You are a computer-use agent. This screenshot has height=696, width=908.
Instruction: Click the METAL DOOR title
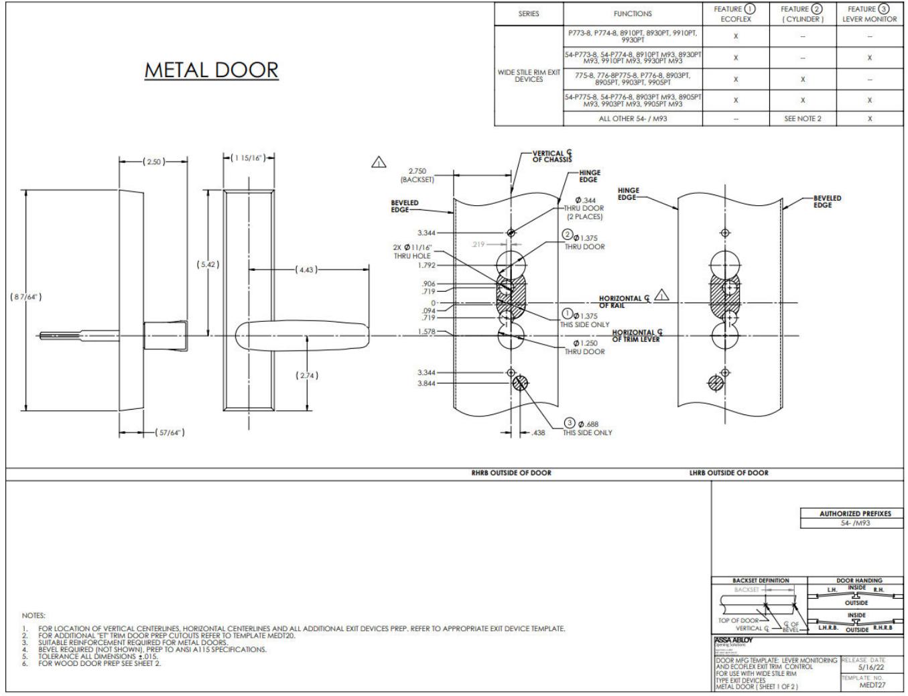[211, 70]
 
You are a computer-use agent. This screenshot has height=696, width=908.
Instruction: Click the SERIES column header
[528, 13]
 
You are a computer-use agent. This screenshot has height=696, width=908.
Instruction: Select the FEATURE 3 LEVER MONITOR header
[869, 13]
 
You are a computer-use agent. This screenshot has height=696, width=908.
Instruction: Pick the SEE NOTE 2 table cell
[802, 119]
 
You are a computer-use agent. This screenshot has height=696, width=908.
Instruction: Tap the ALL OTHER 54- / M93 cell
[633, 119]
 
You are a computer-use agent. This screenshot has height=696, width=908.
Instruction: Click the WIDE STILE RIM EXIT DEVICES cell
[529, 75]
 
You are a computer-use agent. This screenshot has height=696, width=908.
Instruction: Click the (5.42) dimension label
[208, 264]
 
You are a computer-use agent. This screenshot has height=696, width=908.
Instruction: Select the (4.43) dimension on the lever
[306, 270]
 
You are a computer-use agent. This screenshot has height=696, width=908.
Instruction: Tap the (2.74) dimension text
[307, 375]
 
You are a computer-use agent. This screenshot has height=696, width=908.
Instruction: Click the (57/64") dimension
[169, 432]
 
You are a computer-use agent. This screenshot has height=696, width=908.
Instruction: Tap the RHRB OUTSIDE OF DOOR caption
[511, 473]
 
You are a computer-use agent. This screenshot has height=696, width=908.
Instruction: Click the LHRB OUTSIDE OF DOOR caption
[728, 473]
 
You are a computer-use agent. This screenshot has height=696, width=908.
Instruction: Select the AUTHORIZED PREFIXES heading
[855, 514]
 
